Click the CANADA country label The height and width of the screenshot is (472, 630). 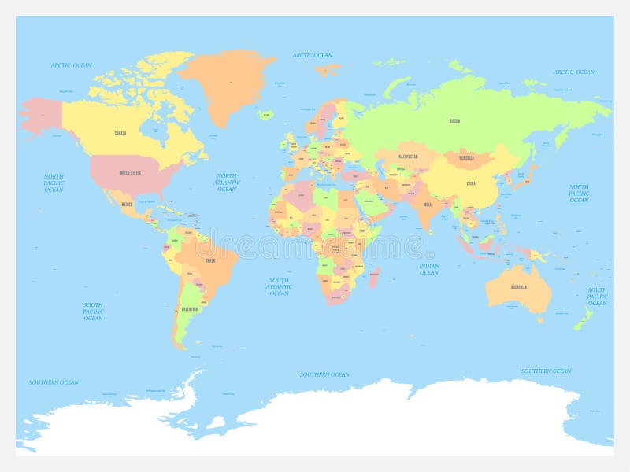120,133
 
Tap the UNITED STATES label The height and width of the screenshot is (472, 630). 130,172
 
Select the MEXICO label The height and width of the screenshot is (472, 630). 127,205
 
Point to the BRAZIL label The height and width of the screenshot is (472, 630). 210,260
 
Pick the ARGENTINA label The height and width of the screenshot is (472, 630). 190,310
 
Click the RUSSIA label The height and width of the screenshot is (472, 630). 454,121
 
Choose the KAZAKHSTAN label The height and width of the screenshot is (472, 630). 408,156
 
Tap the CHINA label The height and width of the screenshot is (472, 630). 471,183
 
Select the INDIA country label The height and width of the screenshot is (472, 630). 427,205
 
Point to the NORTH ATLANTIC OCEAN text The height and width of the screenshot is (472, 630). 227,183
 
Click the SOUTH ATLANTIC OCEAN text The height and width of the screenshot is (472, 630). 279,286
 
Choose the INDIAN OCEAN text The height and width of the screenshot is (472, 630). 429,269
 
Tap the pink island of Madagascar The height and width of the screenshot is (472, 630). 375,277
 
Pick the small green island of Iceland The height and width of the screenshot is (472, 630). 265,114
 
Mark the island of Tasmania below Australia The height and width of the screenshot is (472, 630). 540,319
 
